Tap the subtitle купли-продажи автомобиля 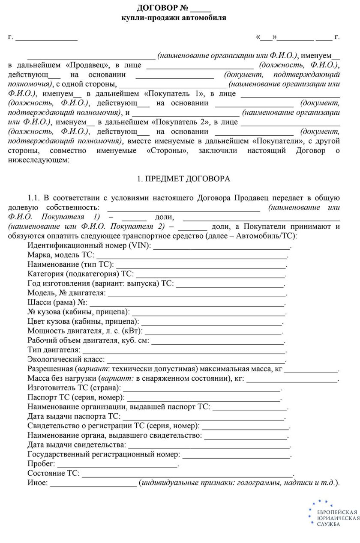coord(174,18)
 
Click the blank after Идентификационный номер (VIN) coord(222,246)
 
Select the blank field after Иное coord(93,483)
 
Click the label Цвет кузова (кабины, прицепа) coord(83,322)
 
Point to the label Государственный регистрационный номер coord(103,454)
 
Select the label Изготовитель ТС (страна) coord(74,388)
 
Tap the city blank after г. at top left coord(47,37)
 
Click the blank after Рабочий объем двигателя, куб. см coord(218,341)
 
